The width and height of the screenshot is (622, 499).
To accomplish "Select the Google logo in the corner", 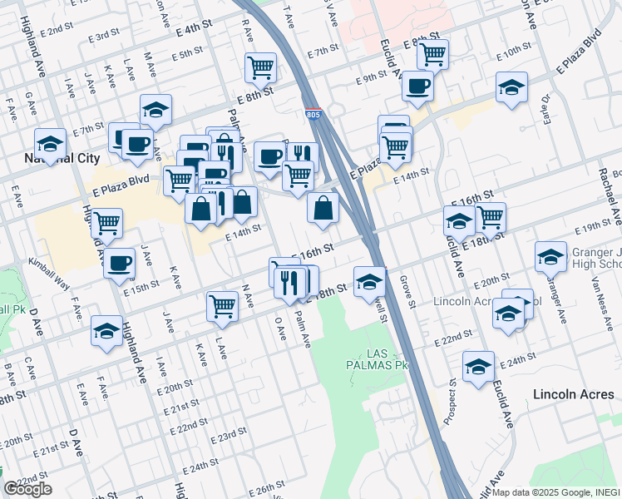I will coord(27,489).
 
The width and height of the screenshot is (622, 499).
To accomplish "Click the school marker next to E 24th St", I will coord(478,366).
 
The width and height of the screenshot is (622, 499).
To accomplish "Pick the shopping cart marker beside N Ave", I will coord(222,305).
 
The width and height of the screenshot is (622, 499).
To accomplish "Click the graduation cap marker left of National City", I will coord(50,142).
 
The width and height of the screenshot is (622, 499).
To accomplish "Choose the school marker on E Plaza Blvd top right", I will coord(511,86).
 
